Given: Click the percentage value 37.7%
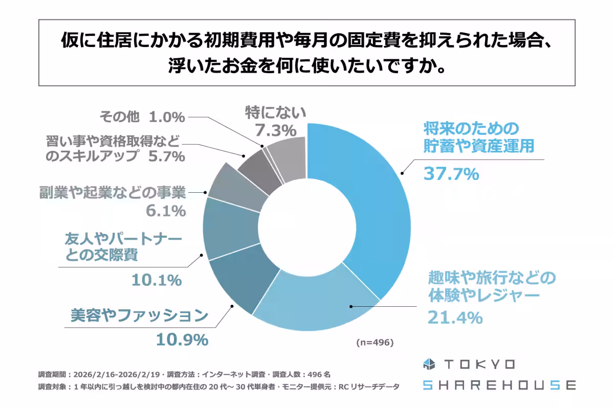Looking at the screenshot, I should pyautogui.click(x=451, y=174).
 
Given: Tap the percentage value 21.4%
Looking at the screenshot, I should pyautogui.click(x=455, y=318).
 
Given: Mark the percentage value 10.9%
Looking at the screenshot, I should pyautogui.click(x=182, y=339).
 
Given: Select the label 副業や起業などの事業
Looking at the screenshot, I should pyautogui.click(x=113, y=193).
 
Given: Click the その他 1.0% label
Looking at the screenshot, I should pyautogui.click(x=142, y=117).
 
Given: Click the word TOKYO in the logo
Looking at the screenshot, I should pyautogui.click(x=479, y=364).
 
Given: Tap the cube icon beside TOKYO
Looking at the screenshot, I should pyautogui.click(x=428, y=364).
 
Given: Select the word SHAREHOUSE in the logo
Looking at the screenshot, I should pyautogui.click(x=499, y=385).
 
